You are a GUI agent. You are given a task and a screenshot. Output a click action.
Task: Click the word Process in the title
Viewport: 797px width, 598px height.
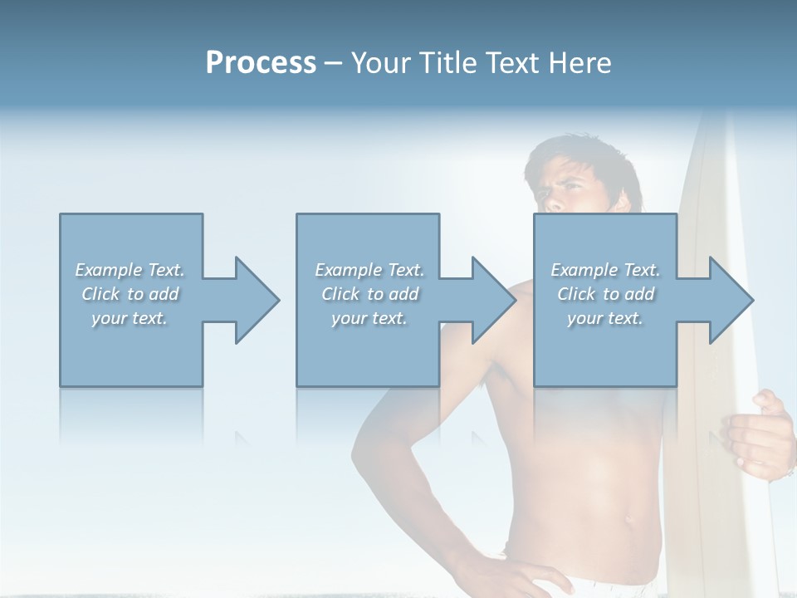(261, 63)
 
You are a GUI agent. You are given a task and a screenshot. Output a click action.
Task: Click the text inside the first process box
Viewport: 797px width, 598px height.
(130, 294)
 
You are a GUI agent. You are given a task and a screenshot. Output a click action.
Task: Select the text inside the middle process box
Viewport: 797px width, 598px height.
(369, 294)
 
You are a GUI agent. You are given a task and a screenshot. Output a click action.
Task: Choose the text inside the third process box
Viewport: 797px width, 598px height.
(605, 294)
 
